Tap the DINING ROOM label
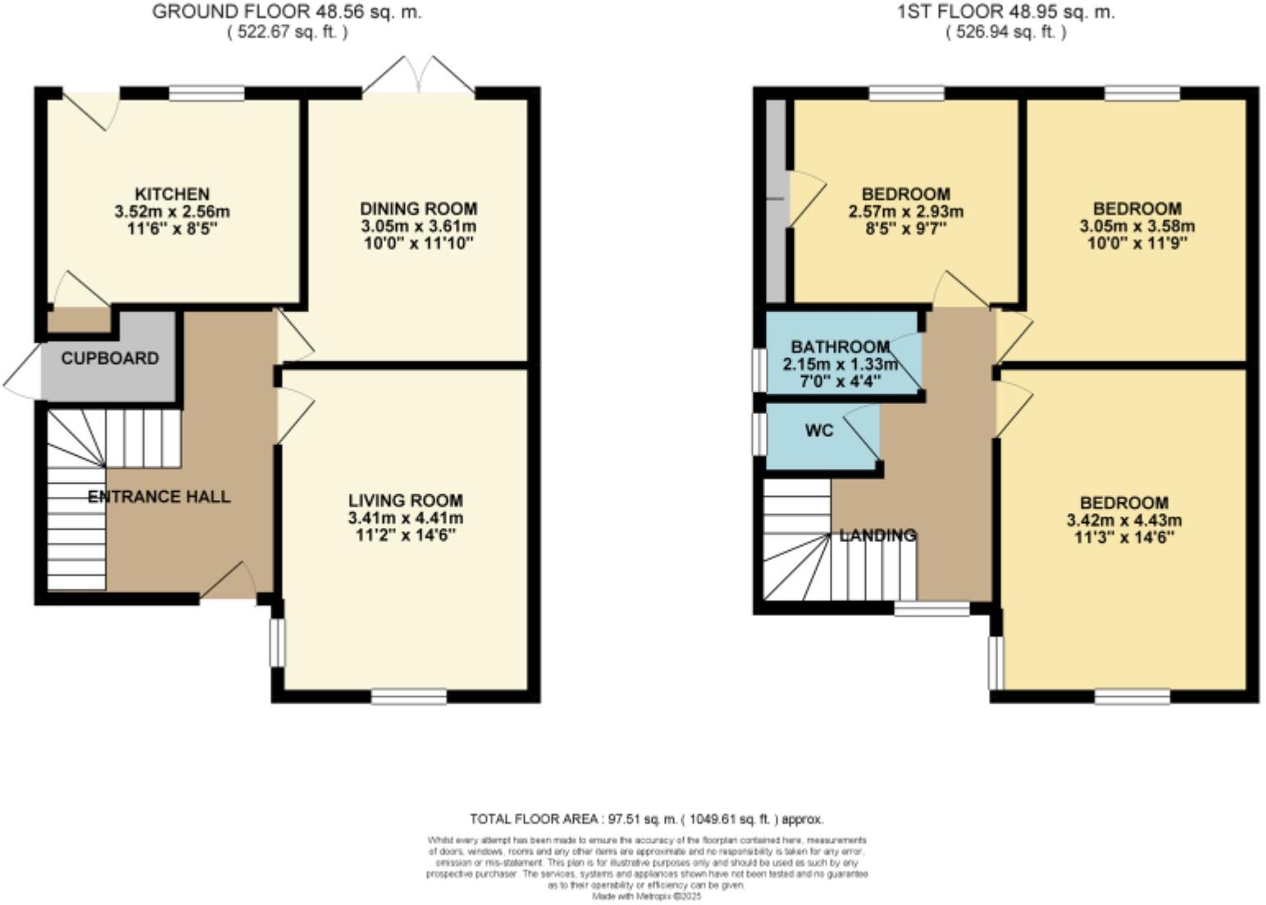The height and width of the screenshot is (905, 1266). tap(418, 209)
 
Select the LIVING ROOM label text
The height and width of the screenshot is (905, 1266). tap(405, 500)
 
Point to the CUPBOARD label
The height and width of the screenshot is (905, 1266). tap(110, 358)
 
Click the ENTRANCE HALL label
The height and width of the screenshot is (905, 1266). tap(159, 497)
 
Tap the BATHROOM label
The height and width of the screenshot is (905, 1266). tap(840, 348)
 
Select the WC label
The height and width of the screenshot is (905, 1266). tap(819, 430)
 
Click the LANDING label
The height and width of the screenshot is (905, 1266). tap(877, 535)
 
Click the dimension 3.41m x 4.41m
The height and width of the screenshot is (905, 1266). tap(405, 518)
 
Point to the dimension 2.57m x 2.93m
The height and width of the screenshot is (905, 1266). tap(905, 211)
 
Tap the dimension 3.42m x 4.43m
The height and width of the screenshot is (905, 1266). tap(1123, 521)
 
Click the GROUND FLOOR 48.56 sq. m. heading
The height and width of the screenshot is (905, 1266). tap(287, 12)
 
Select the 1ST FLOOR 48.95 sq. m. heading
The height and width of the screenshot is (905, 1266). tap(1006, 12)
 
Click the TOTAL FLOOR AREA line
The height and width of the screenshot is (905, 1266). tap(646, 819)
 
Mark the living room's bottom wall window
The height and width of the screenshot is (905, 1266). tap(408, 697)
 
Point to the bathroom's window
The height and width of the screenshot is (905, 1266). tap(759, 369)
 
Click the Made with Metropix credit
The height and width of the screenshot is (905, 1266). tap(646, 897)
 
